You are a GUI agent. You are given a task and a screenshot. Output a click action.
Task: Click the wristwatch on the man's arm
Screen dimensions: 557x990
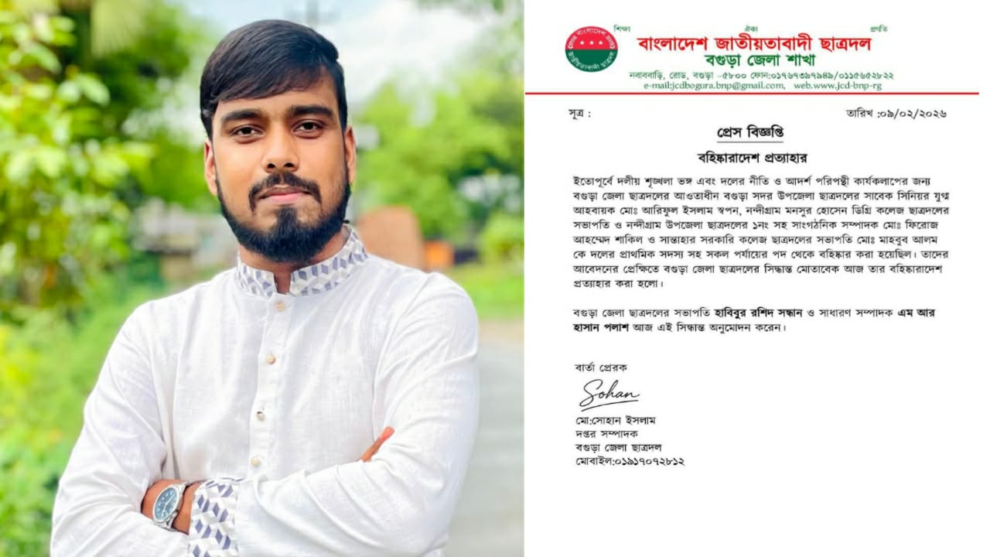click(x=169, y=504)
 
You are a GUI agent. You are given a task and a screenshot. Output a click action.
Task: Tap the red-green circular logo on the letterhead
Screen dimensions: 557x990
click(x=591, y=50)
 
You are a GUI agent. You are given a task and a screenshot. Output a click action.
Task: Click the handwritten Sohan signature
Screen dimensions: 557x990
click(x=609, y=393)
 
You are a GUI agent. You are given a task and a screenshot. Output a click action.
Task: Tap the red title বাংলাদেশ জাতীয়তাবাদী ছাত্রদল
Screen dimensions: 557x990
click(x=753, y=43)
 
